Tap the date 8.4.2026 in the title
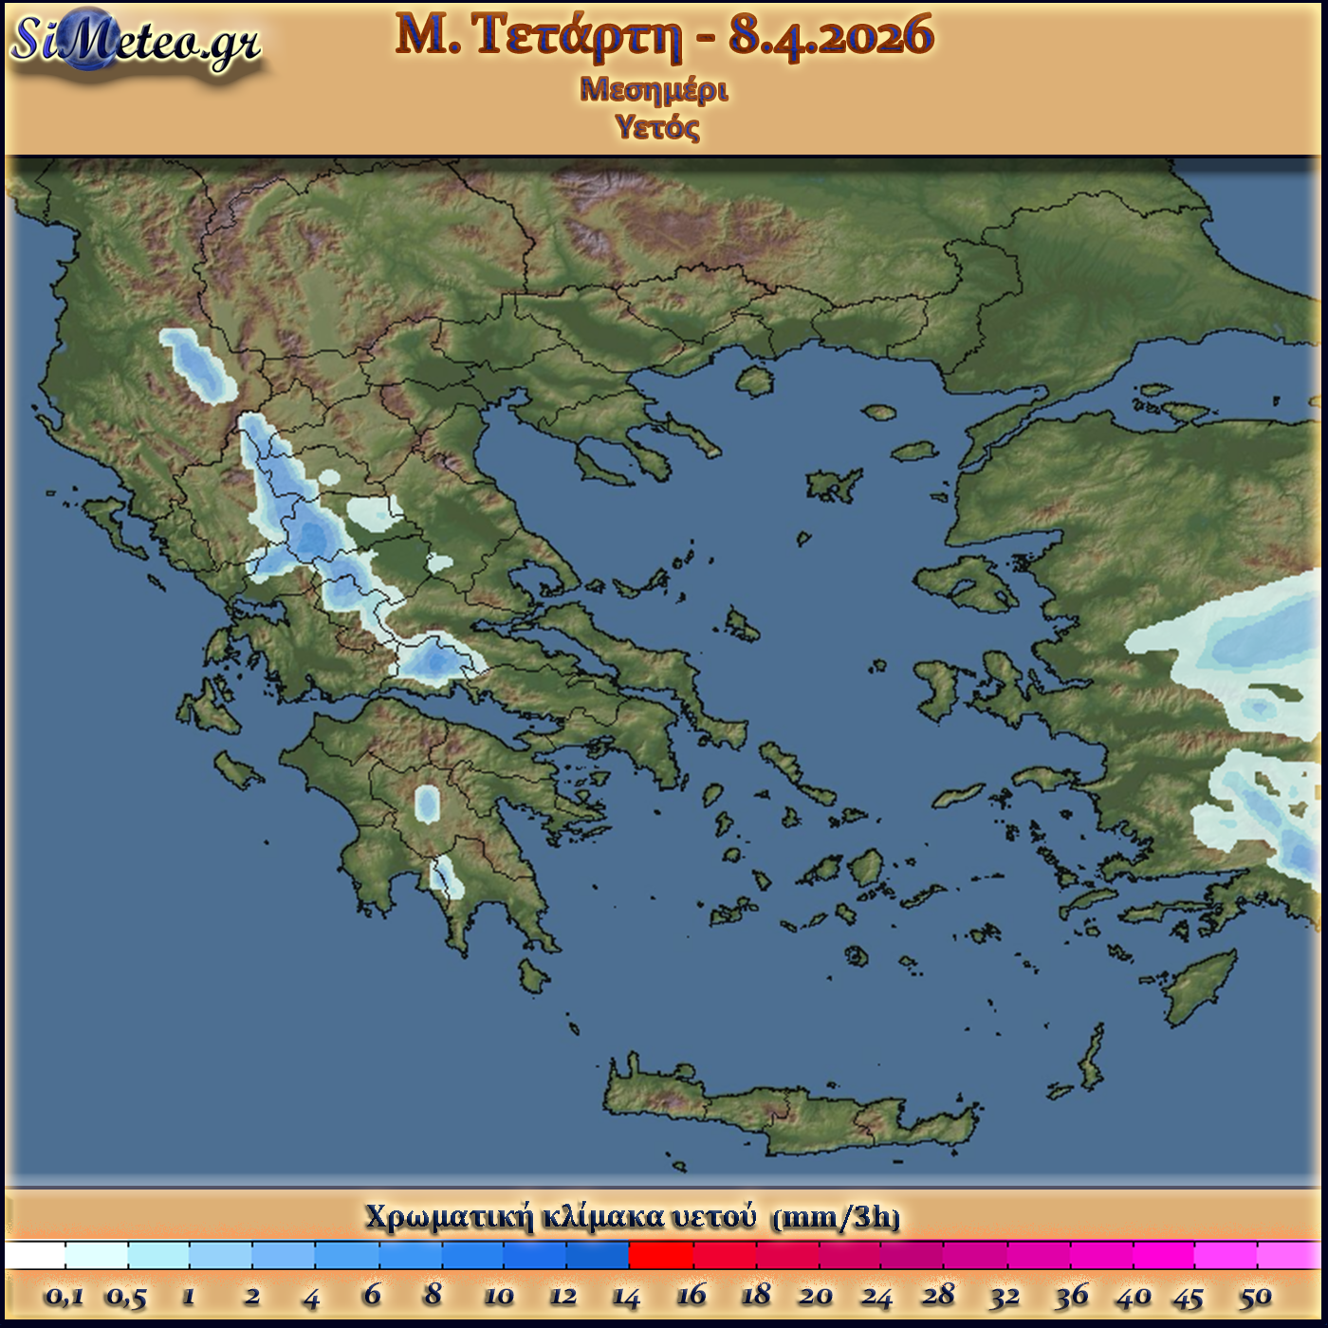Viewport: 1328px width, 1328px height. coord(831,36)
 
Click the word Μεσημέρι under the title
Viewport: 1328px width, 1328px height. coord(654,90)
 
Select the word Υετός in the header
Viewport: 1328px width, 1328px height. coord(656,126)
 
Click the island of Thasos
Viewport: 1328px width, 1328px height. coord(755,381)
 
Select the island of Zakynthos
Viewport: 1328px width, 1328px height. coord(238,769)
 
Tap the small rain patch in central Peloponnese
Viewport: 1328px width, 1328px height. coord(428,803)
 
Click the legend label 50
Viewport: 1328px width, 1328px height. coord(1255,1296)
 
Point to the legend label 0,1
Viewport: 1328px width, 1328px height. coord(64,1296)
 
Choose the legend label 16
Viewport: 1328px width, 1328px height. coord(691,1295)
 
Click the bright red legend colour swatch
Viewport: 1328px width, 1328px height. coord(661,1255)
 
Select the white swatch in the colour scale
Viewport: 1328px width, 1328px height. coord(36,1255)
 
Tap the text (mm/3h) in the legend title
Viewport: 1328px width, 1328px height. coord(836,1217)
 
